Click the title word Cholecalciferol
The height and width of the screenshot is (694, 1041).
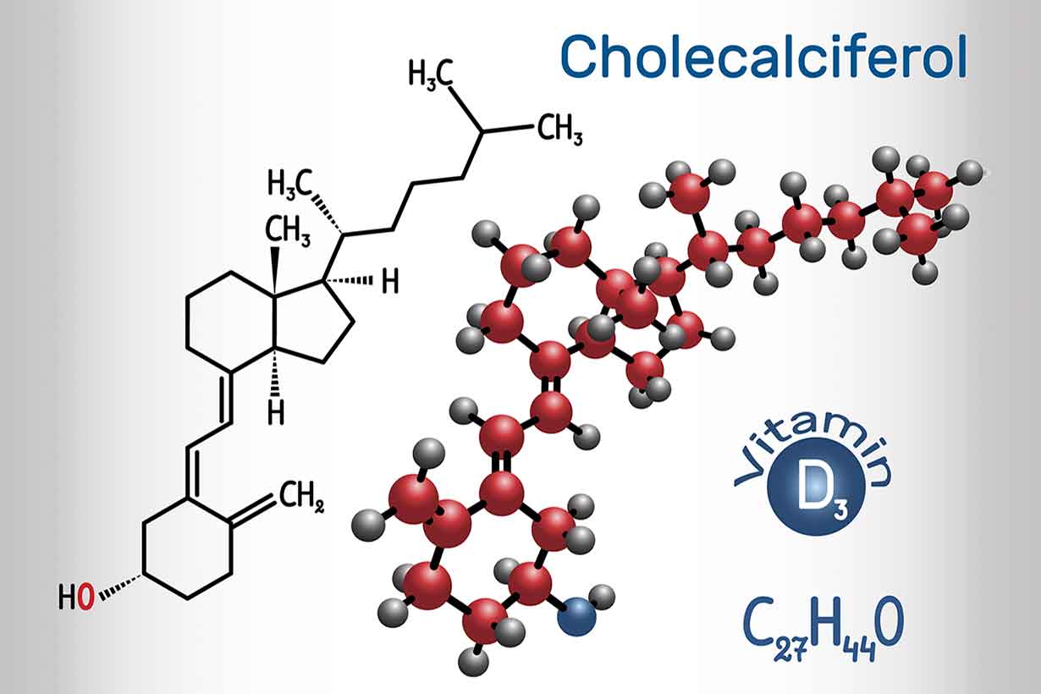[763, 56]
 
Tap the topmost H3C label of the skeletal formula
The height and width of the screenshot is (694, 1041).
[430, 74]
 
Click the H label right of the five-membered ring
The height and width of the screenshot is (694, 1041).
[389, 282]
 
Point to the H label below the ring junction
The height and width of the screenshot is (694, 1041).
[275, 411]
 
